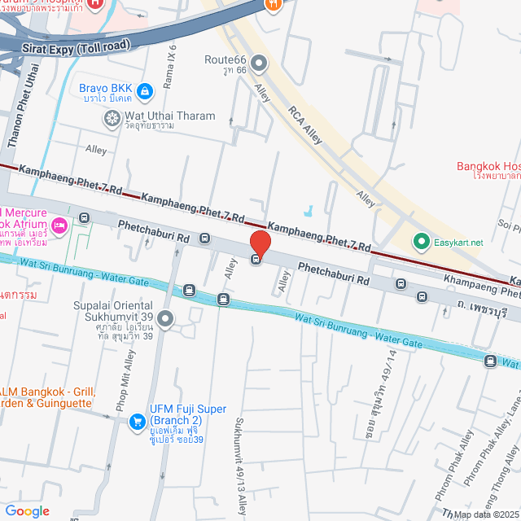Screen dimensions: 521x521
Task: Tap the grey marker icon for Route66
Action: click(260, 63)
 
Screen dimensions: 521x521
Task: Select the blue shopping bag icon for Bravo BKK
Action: click(145, 91)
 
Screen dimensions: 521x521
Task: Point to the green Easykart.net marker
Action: click(421, 242)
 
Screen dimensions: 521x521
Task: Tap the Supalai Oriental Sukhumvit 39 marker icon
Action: click(166, 320)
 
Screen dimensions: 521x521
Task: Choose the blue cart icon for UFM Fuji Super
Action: click(135, 420)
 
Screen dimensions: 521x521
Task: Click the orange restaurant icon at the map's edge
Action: click(273, 4)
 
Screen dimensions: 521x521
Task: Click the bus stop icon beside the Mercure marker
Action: click(85, 218)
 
